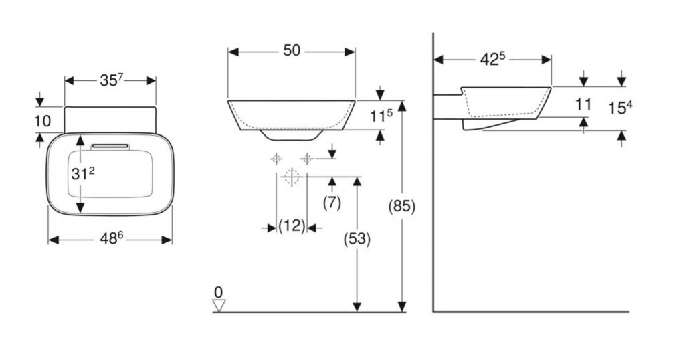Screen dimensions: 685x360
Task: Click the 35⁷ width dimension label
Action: pyautogui.click(x=112, y=80)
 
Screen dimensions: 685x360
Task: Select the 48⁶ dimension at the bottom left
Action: pyautogui.click(x=112, y=238)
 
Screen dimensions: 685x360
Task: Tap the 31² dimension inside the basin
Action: pyautogui.click(x=82, y=173)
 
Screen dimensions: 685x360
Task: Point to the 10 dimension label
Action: pyautogui.click(x=42, y=121)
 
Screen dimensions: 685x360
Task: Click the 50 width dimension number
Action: pyautogui.click(x=292, y=51)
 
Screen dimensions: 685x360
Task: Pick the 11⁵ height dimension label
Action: pyautogui.click(x=381, y=115)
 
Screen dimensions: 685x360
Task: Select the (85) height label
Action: pyautogui.click(x=402, y=206)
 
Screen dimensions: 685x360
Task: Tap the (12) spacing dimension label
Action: pyautogui.click(x=292, y=226)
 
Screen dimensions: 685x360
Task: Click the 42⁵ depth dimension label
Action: pyautogui.click(x=493, y=59)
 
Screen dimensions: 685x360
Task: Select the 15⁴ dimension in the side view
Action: pyautogui.click(x=621, y=108)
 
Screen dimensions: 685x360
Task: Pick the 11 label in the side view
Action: pyautogui.click(x=583, y=105)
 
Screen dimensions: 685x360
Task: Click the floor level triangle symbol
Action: pyautogui.click(x=219, y=306)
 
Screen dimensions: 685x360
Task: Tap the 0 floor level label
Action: pyautogui.click(x=219, y=292)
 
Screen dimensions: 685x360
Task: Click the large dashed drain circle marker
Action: pyautogui.click(x=292, y=177)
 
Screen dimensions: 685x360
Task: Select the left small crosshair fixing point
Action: pyautogui.click(x=276, y=159)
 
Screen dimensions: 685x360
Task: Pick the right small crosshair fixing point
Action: pyautogui.click(x=306, y=159)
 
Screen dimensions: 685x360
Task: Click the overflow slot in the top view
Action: pyautogui.click(x=110, y=146)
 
